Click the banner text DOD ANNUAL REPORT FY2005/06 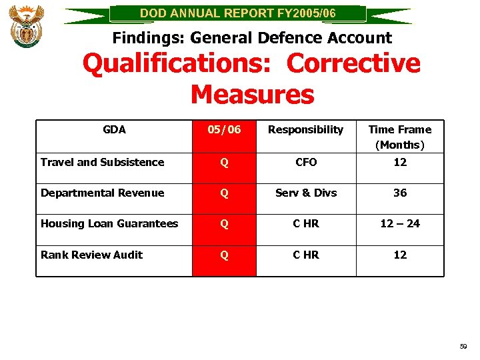pos(238,13)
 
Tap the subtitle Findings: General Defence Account pos(252,38)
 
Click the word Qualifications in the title pos(180,64)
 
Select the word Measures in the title pos(252,94)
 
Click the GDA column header pos(114,129)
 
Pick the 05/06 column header pos(224,129)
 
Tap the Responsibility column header pos(305,129)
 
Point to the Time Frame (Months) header pos(400,137)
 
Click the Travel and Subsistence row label pos(102,162)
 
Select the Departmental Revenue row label pos(102,193)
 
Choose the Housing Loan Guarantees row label pos(109,223)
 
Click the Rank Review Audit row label pos(91,255)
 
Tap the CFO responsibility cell pos(306,162)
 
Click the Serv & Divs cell pos(306,193)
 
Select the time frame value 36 pos(400,193)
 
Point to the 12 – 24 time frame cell pos(400,223)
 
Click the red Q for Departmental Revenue pos(224,193)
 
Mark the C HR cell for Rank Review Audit pos(306,255)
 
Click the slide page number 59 pos(463,347)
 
